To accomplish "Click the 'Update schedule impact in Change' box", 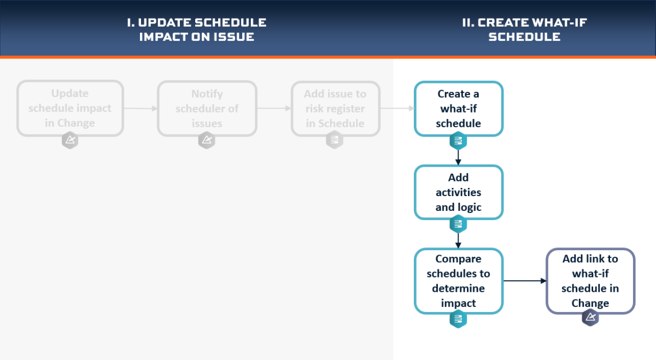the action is tap(70, 108).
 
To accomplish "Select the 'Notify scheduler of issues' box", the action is tap(207, 108).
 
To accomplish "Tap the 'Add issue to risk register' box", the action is tap(335, 108).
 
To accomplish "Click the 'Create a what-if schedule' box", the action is tap(458, 108).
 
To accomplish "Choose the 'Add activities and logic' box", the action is tap(458, 192).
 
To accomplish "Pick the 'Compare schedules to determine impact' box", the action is tap(458, 281).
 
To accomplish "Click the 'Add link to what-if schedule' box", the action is tap(590, 281).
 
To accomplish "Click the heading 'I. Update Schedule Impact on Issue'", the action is tap(196, 29).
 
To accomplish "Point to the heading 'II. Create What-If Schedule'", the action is tap(524, 29).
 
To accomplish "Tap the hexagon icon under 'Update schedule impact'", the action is tap(70, 140).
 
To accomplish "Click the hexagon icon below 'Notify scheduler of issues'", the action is tap(207, 140).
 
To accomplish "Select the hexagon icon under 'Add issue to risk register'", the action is tap(335, 140).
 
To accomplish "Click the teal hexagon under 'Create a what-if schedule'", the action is tap(458, 141).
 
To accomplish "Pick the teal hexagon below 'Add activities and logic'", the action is tap(458, 224).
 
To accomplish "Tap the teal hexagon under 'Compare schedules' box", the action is tap(458, 318).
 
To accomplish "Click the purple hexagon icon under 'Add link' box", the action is tap(590, 317).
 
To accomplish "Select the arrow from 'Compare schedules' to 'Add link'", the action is tap(525, 281).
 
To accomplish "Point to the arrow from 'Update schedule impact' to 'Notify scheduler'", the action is tap(140, 109).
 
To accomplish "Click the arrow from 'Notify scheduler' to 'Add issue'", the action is tap(274, 108).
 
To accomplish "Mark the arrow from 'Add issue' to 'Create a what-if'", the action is tap(397, 108).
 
